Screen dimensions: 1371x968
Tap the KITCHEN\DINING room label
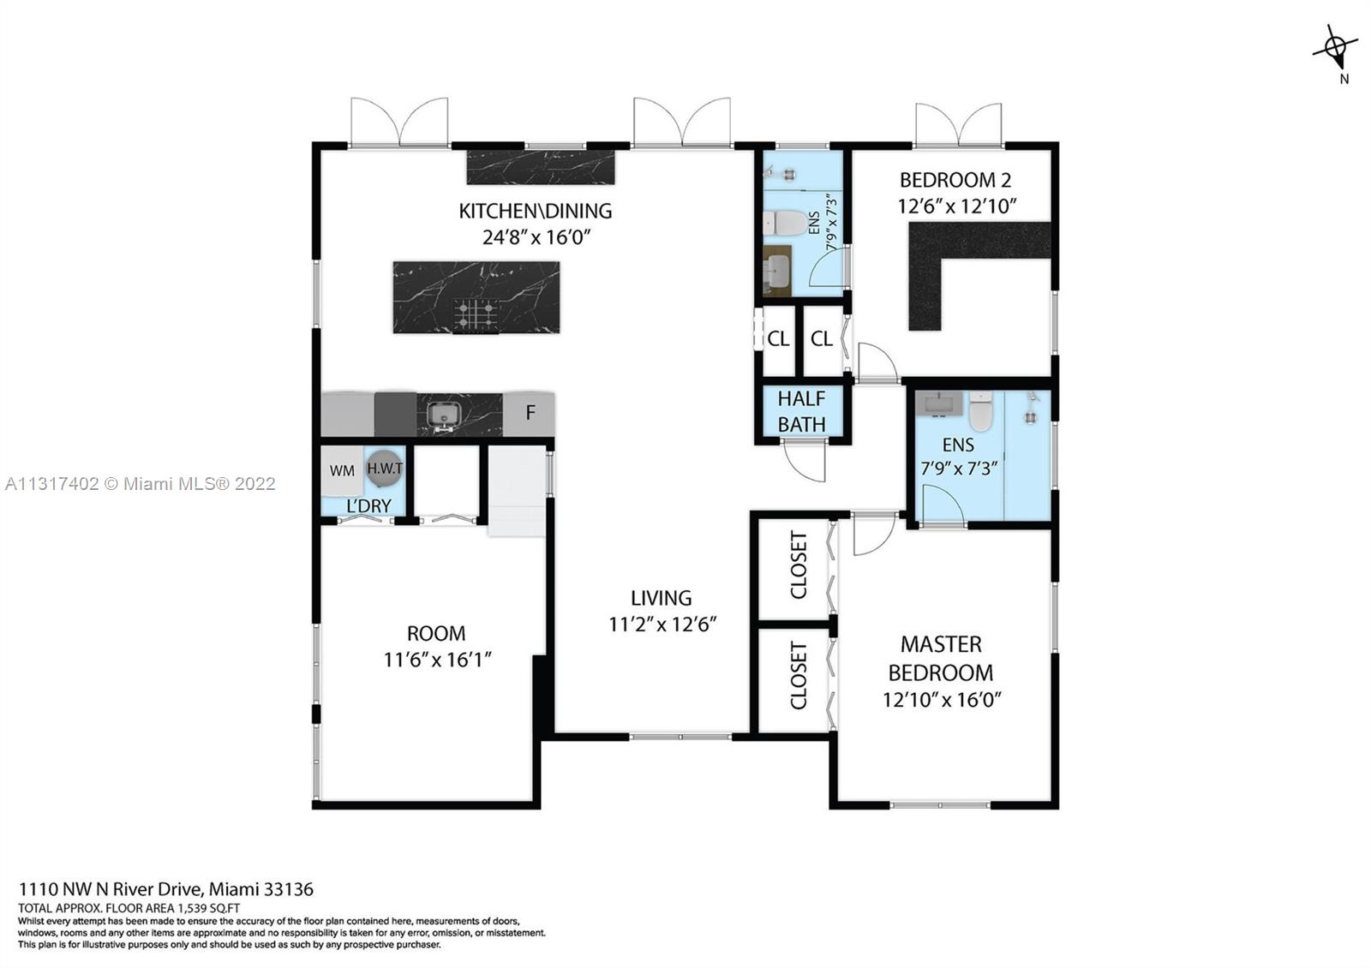[x=536, y=211]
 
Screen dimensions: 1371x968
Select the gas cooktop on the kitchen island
[x=476, y=316]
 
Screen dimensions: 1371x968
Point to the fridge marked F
[x=530, y=415]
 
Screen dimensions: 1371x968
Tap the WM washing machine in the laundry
[x=342, y=470]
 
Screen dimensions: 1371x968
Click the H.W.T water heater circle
[x=385, y=468]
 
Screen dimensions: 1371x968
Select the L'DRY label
[x=368, y=506]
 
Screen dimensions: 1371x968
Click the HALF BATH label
[x=802, y=411]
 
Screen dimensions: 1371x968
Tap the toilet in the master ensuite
[x=980, y=412]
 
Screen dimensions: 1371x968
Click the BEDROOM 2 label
[x=955, y=180]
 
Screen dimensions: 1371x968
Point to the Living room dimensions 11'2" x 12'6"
[x=662, y=624]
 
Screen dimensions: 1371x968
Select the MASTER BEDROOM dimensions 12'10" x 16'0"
[x=942, y=699]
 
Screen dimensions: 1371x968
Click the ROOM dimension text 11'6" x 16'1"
[x=437, y=660]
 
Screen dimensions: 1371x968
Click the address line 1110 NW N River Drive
[x=111, y=889]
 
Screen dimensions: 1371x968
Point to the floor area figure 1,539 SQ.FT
[x=209, y=909]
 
